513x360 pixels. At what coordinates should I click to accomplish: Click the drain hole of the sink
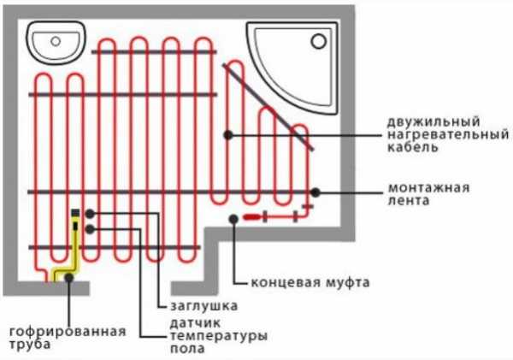point(56,41)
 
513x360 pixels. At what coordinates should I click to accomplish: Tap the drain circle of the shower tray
point(318,41)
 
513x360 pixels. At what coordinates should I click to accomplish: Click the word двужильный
point(433,121)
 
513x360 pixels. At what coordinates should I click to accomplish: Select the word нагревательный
point(448,134)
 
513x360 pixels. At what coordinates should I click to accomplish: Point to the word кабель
point(413,147)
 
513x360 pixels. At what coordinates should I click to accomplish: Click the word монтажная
point(428,188)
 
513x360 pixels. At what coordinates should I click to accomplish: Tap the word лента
point(409,200)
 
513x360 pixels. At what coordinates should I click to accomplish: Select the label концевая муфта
point(310,282)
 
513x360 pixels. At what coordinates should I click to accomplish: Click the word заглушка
point(203,305)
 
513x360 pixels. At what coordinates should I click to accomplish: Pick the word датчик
point(195,323)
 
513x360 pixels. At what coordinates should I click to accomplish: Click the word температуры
point(219,336)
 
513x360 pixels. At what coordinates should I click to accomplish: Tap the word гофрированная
point(68,332)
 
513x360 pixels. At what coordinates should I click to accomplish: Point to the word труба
point(30,345)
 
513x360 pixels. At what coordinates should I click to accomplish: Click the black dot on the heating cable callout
point(228,134)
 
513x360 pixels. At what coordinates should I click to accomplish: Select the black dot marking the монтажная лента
point(315,192)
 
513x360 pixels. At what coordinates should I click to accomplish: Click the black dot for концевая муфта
point(233,219)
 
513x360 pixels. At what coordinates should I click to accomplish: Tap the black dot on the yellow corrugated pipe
point(68,278)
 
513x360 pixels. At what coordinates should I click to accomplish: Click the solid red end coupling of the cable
point(252,216)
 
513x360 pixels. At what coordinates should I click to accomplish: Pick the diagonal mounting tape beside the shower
point(268,107)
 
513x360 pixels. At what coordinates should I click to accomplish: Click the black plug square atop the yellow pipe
point(75,213)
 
